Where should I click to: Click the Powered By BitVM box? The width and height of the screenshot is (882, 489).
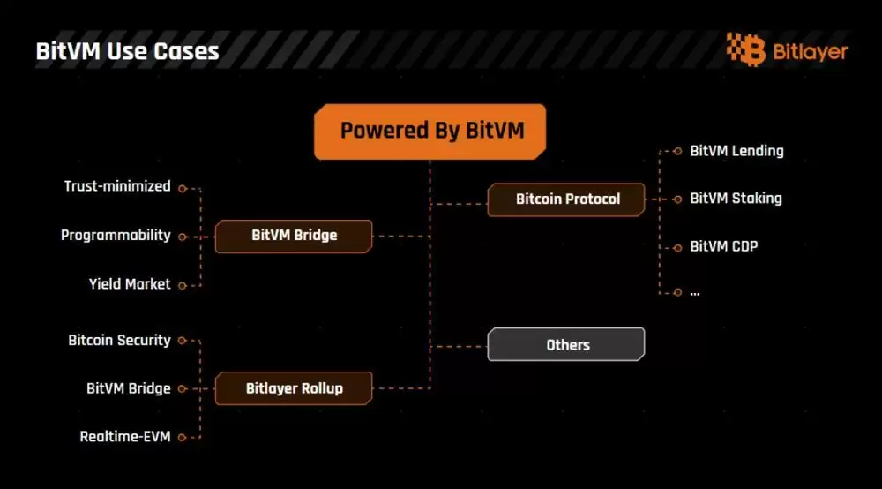pos(430,132)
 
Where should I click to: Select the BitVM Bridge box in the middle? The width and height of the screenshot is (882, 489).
pos(294,236)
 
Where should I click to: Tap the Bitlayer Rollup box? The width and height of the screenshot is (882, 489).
pos(294,387)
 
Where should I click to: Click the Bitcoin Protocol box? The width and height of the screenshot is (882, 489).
pos(567,199)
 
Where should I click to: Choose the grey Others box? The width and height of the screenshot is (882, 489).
pos(567,344)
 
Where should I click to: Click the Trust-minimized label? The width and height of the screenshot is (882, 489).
pos(117,186)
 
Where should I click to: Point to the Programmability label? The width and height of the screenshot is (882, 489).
pos(116,236)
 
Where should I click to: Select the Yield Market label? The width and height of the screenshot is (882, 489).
pos(130,284)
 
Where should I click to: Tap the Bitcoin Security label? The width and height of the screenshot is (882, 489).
pos(119,340)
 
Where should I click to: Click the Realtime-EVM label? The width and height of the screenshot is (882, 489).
pos(125,436)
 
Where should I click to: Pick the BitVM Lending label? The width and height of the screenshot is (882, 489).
pos(736,151)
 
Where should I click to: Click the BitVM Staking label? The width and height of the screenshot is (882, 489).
pos(736,199)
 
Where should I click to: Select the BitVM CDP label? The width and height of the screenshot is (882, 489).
pos(723,246)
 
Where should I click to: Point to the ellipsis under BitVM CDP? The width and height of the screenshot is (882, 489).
pos(695,292)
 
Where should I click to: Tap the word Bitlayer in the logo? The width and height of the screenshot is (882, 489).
pos(810,51)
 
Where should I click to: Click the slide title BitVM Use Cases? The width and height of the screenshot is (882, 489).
pos(127,51)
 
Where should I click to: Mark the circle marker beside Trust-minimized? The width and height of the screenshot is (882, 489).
pos(182,187)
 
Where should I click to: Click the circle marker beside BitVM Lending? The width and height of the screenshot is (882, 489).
pos(677,151)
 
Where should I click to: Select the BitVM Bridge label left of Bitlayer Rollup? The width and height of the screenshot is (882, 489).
pos(128,387)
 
